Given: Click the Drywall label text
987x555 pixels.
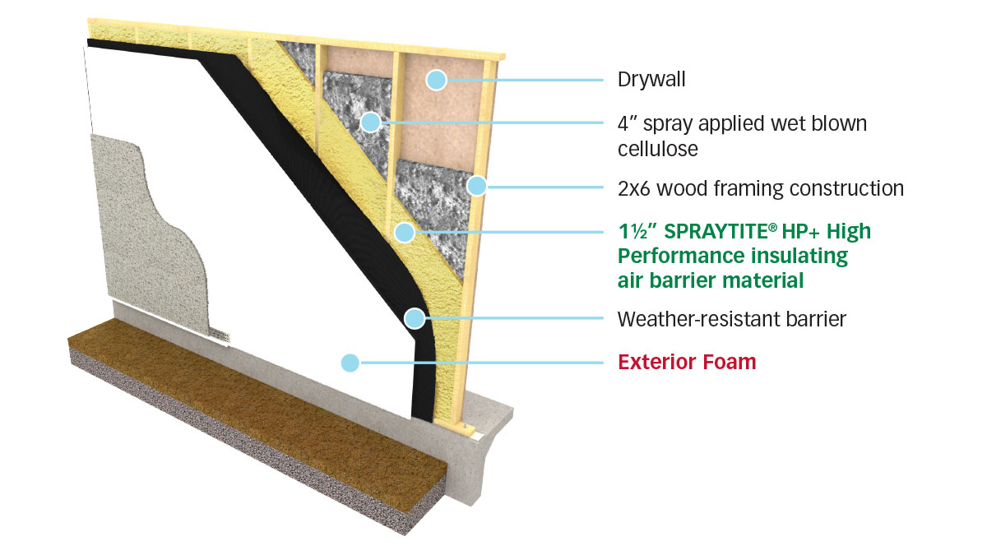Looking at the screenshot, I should click(x=651, y=81).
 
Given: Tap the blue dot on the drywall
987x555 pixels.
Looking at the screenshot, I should click(x=436, y=80).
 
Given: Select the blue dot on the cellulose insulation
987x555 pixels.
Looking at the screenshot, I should click(x=370, y=123).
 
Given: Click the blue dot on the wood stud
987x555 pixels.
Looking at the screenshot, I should click(x=476, y=186).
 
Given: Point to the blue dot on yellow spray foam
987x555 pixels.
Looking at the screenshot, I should click(x=403, y=232).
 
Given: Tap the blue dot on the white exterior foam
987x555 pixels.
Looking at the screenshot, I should click(x=350, y=362).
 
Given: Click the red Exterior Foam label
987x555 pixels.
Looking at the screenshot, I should click(x=687, y=362).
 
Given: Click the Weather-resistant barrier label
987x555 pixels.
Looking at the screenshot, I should click(x=731, y=319).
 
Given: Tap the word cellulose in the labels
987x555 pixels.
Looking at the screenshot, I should click(x=659, y=148).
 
